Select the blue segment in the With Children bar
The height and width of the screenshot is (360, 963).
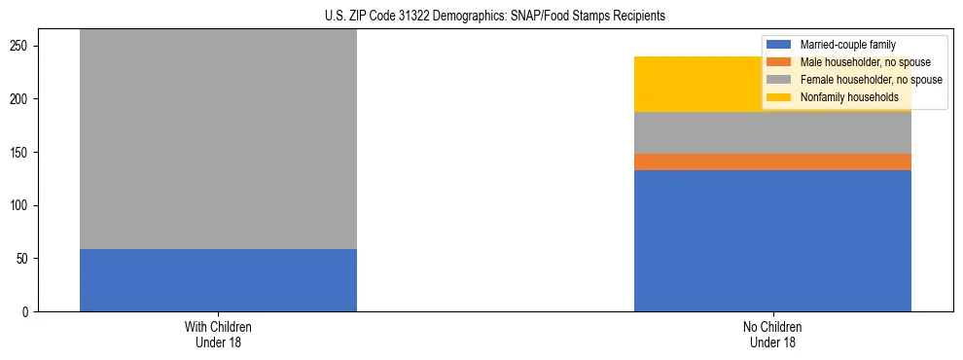point(218,280)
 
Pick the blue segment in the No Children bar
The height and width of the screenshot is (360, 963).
point(772,240)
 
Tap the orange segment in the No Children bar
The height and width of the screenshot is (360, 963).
point(772,162)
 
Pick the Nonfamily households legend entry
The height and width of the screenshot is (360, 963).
point(848,97)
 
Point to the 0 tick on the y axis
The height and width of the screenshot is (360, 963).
point(27,312)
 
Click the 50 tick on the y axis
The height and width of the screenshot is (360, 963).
point(24,259)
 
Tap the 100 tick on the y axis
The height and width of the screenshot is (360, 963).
point(21,205)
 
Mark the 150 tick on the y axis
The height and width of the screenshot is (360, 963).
point(21,153)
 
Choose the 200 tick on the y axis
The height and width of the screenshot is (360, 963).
point(21,99)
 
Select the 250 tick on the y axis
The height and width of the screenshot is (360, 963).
point(21,47)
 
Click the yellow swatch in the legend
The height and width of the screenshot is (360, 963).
point(778,97)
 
